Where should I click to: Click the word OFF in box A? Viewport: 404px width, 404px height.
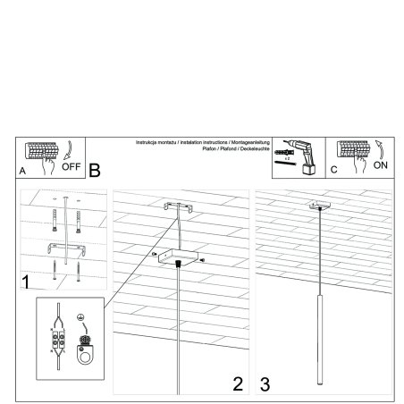click(x=72, y=166)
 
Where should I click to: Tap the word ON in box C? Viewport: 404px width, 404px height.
click(x=379, y=165)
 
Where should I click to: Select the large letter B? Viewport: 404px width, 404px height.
click(x=96, y=168)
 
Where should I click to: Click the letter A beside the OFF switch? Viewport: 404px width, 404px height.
click(x=22, y=169)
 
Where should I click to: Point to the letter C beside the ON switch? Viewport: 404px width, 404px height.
click(x=333, y=168)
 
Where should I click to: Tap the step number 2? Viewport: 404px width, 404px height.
click(x=237, y=384)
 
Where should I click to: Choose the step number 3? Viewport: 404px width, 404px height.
click(x=265, y=384)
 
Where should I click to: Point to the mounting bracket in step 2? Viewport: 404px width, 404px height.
click(x=180, y=207)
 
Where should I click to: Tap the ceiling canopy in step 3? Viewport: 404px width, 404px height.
click(x=318, y=208)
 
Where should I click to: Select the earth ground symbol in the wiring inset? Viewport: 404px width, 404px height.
click(x=80, y=316)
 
